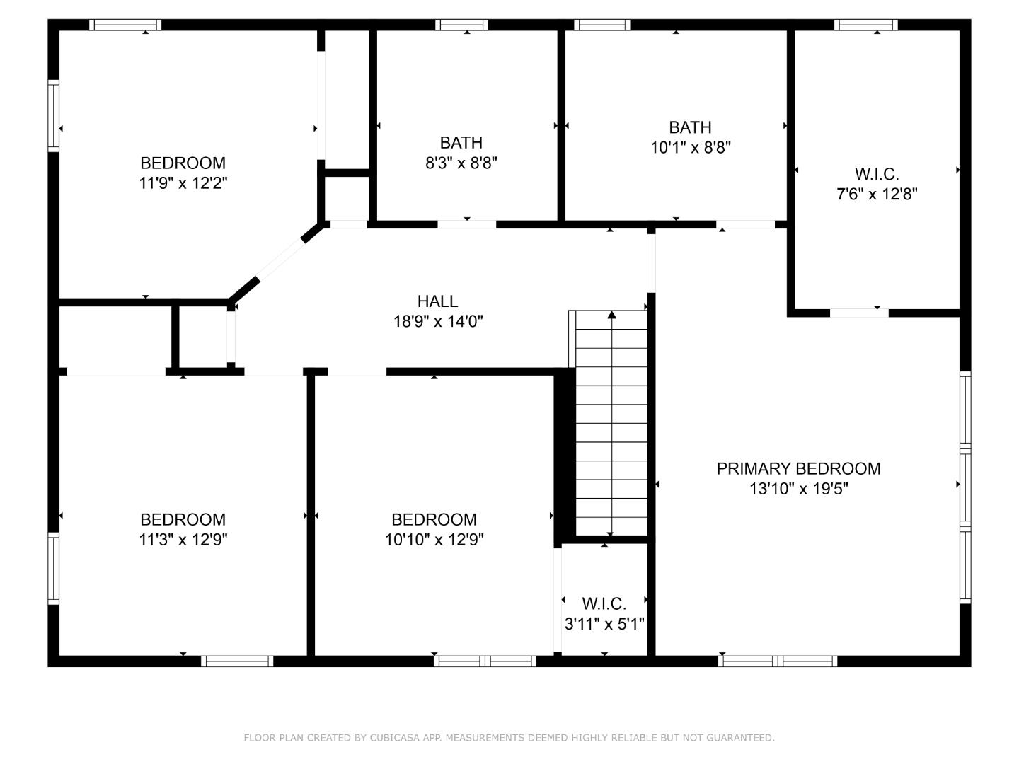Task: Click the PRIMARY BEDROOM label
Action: click(x=798, y=468)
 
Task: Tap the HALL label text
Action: click(x=437, y=301)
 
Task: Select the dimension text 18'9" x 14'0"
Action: click(x=438, y=322)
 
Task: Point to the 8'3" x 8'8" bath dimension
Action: click(x=461, y=163)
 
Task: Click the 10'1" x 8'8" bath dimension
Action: click(x=690, y=148)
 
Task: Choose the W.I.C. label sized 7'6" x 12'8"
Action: click(x=877, y=174)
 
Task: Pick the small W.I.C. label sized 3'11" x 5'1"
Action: click(x=604, y=604)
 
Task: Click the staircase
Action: click(x=611, y=424)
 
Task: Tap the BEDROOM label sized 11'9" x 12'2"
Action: click(x=183, y=163)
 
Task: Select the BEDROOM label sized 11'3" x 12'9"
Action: click(x=183, y=520)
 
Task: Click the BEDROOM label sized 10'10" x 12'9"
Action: click(x=434, y=520)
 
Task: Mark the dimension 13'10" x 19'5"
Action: click(x=798, y=489)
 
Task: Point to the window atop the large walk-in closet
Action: click(x=865, y=25)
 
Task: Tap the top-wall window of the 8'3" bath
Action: click(x=461, y=25)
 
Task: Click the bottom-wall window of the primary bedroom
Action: click(x=778, y=661)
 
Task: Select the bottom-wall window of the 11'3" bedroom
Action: click(x=237, y=661)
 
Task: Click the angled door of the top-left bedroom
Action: click(x=280, y=261)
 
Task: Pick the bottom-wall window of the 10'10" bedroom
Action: click(x=485, y=661)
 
